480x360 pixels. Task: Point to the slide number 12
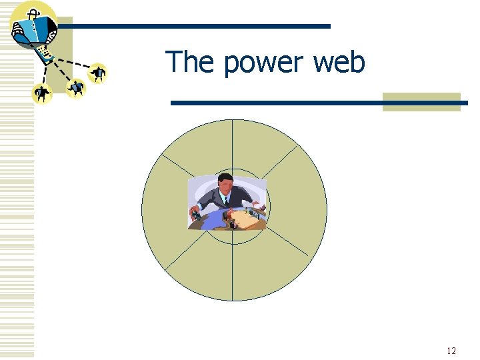(x=451, y=351)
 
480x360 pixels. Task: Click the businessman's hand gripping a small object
(x=195, y=213)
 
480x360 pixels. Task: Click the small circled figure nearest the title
(x=98, y=72)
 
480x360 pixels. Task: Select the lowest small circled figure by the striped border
(x=42, y=93)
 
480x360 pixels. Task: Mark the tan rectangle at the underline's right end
(x=421, y=102)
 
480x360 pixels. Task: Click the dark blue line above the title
(x=200, y=26)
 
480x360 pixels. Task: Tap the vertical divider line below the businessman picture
(x=232, y=267)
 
